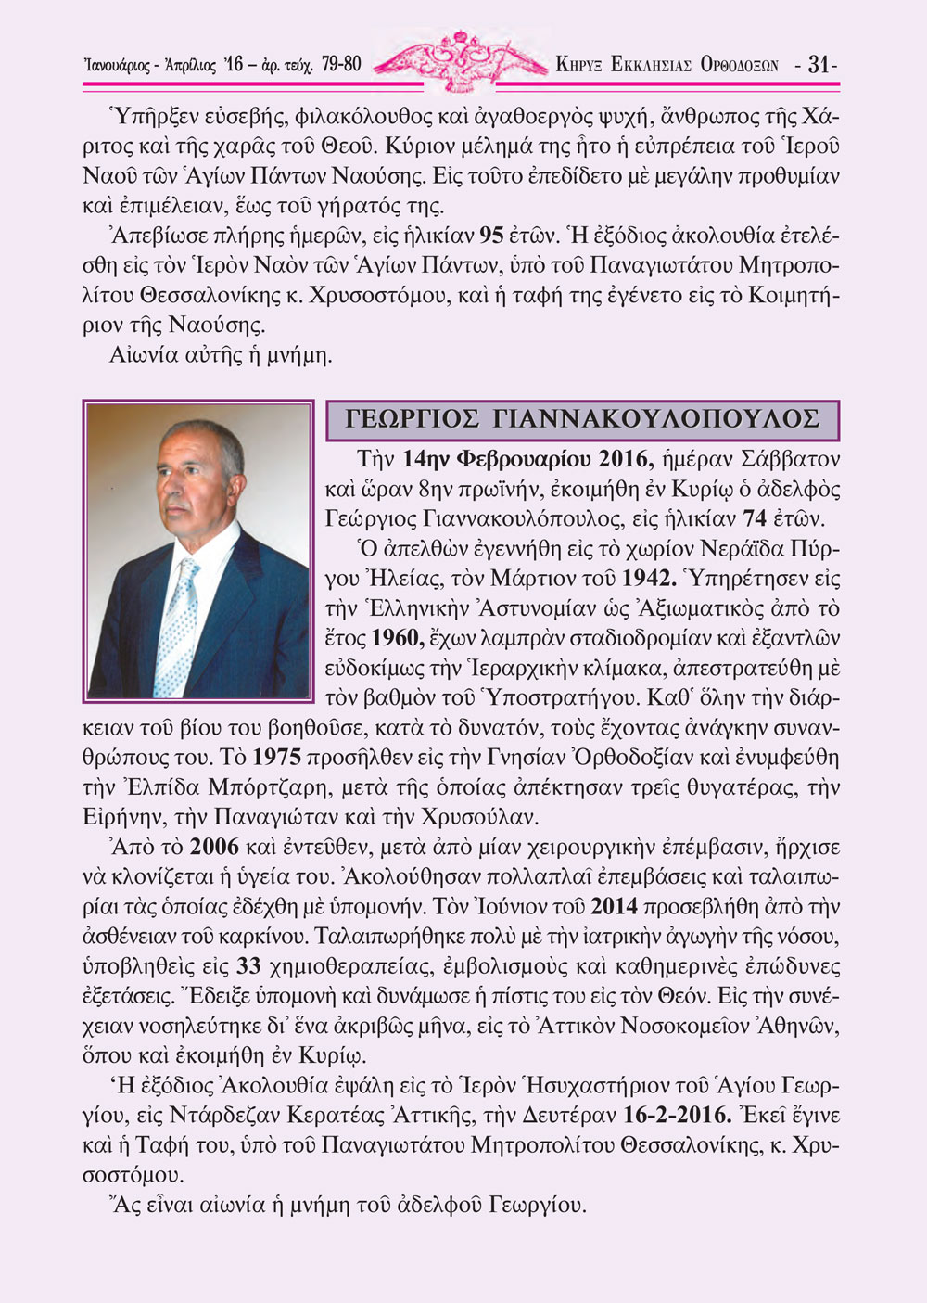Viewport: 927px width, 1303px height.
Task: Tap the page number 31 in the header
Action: click(818, 65)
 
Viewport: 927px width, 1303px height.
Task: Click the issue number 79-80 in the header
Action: click(341, 65)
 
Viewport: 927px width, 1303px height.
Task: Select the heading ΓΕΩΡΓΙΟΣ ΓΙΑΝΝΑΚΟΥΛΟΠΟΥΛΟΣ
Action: click(582, 419)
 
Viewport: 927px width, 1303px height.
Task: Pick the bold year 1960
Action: click(397, 639)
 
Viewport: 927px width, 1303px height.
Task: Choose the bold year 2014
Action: click(614, 907)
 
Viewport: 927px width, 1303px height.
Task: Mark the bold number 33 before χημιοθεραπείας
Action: click(248, 967)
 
